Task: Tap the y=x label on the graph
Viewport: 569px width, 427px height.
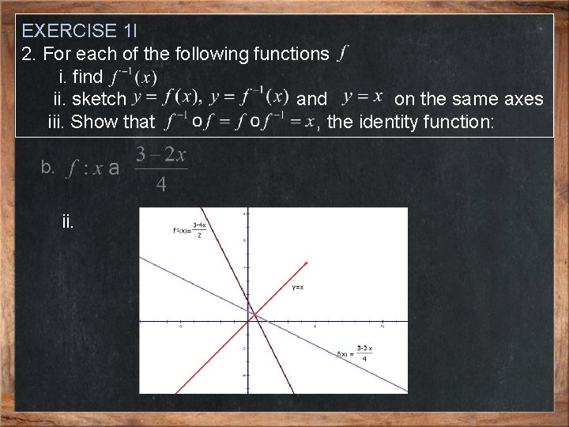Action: tap(299, 287)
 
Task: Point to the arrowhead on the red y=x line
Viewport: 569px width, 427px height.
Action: tap(306, 263)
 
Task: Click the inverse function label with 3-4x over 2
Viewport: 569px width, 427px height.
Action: tap(190, 230)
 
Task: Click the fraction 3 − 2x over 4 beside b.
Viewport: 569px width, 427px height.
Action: tap(161, 168)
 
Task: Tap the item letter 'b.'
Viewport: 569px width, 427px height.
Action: tap(47, 167)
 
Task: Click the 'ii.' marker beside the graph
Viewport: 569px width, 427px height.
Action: tap(68, 221)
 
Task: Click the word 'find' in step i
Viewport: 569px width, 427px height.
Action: tap(87, 77)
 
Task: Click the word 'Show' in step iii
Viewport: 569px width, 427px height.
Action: tap(92, 121)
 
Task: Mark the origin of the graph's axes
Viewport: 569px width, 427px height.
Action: tap(247, 322)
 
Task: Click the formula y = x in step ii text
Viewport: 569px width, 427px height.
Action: tap(363, 98)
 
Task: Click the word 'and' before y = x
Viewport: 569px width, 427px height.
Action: tap(311, 99)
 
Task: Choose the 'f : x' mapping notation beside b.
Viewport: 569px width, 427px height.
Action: tap(85, 168)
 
